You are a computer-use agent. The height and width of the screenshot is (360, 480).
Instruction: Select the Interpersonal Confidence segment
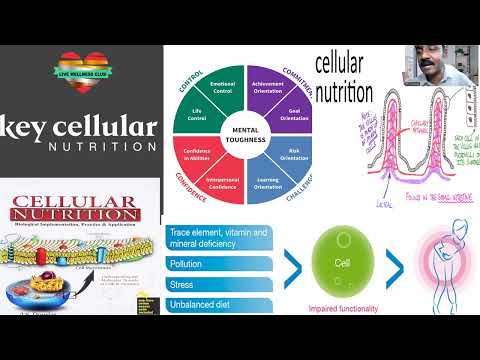click(x=223, y=182)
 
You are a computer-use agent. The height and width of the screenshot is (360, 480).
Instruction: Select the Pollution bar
click(x=216, y=263)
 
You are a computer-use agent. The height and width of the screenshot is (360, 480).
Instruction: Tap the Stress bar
click(x=216, y=284)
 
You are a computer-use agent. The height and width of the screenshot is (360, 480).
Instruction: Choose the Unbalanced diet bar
click(x=216, y=304)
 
